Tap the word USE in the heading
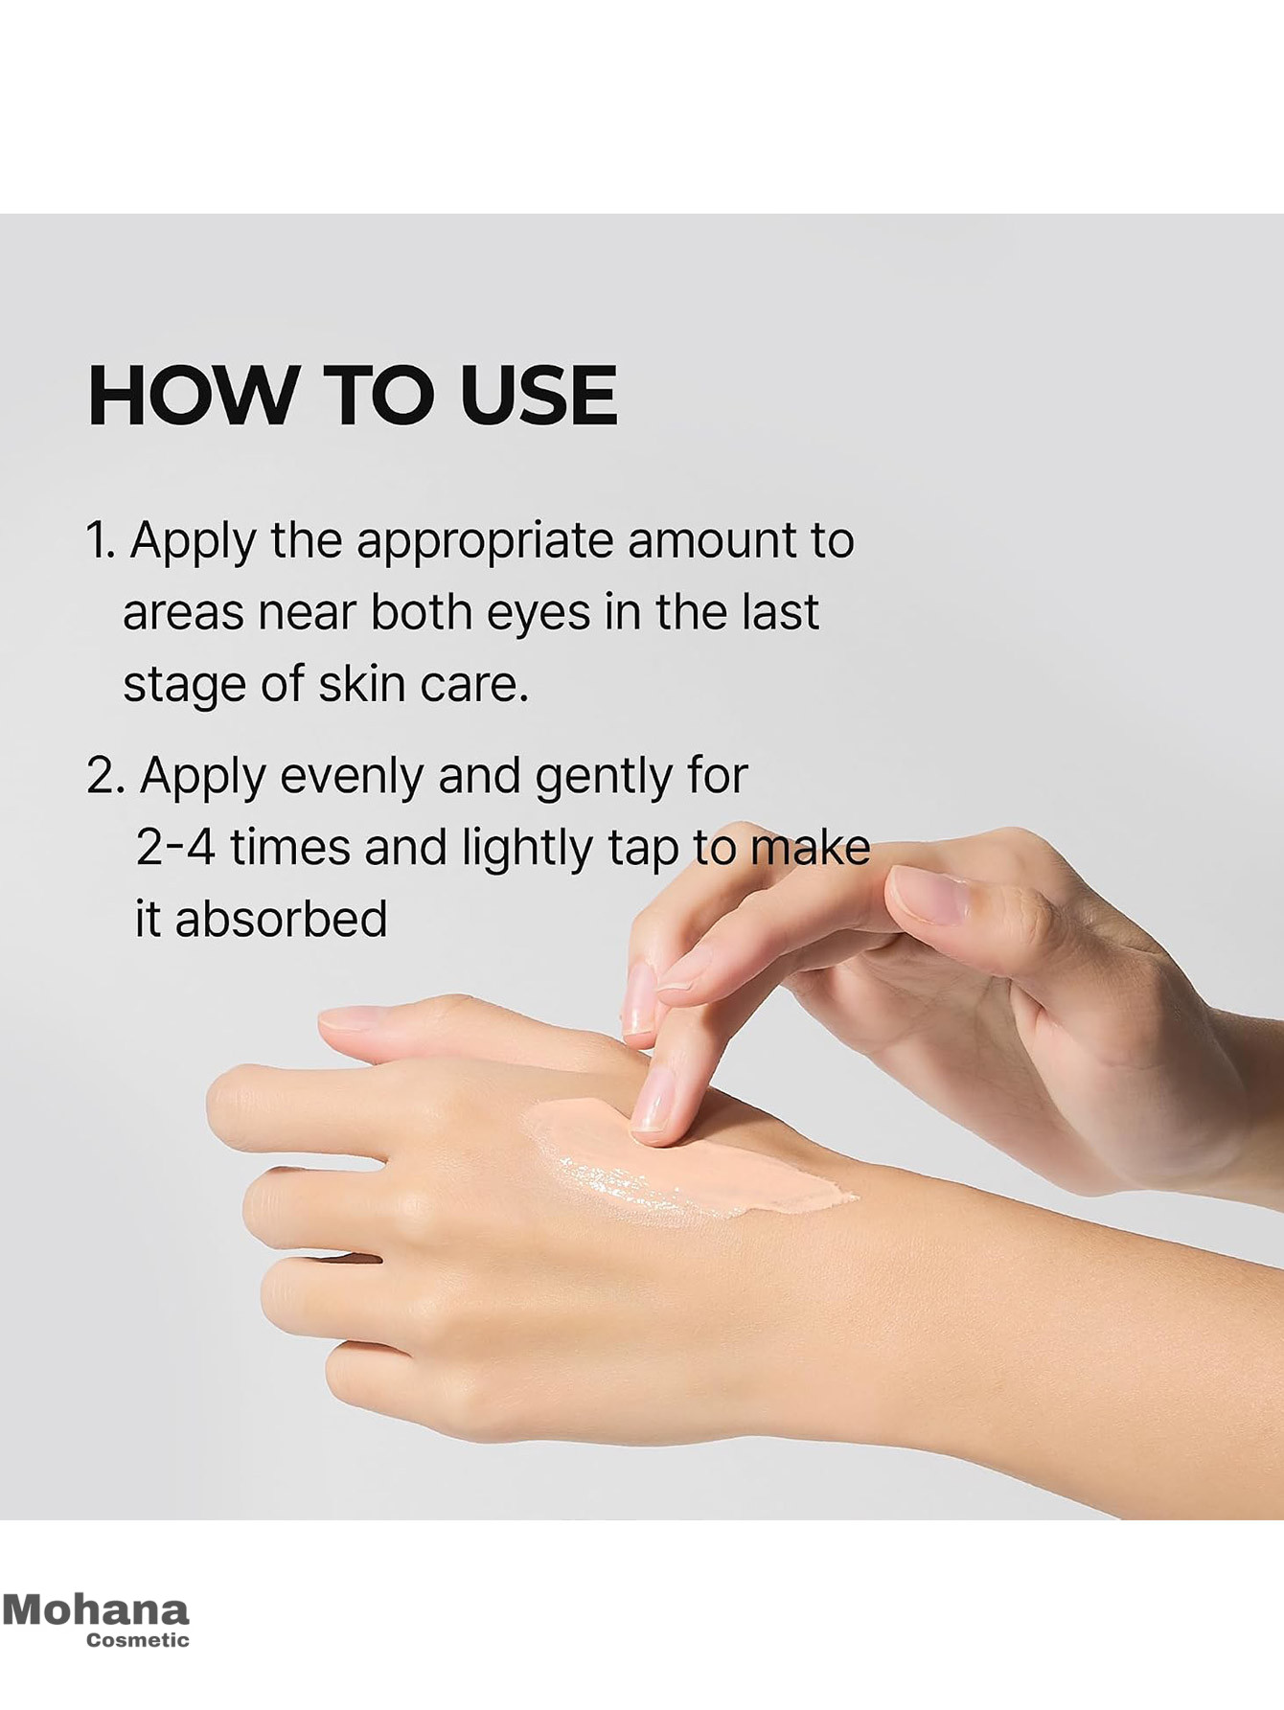[x=538, y=395]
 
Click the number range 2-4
[x=175, y=848]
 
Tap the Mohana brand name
[x=96, y=1609]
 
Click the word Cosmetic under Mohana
[x=138, y=1639]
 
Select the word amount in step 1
[x=712, y=541]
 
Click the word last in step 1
[x=780, y=613]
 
